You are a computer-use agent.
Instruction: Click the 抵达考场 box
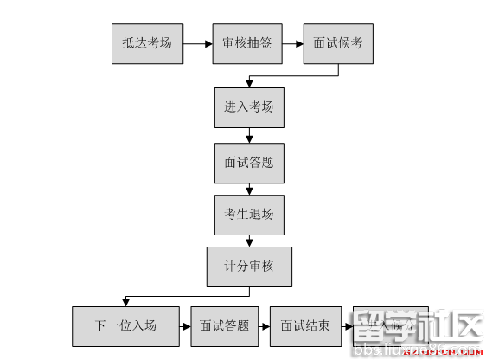click(147, 42)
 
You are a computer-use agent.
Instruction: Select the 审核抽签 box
click(247, 42)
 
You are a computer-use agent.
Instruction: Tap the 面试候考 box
click(339, 42)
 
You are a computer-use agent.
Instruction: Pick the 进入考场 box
click(249, 107)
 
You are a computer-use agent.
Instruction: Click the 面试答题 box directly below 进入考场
click(249, 162)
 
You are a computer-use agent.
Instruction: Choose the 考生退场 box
click(249, 214)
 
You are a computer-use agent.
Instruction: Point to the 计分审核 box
click(249, 267)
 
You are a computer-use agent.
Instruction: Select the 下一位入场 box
click(126, 326)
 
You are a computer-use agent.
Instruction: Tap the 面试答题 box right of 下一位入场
click(224, 326)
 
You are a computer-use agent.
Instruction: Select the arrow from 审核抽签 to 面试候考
click(292, 42)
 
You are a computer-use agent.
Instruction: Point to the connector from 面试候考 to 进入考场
click(294, 76)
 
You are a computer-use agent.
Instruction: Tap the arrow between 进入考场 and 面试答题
click(249, 135)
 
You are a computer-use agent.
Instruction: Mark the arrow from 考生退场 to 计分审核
click(249, 241)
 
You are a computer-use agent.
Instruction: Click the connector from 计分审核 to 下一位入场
click(186, 295)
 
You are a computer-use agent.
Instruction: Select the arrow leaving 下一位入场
click(185, 326)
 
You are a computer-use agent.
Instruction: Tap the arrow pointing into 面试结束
click(265, 326)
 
